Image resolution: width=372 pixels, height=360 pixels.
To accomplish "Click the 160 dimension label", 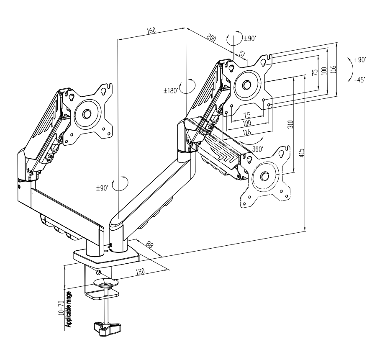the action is [x=151, y=31].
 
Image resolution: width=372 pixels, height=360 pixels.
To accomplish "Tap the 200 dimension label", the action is [x=211, y=38].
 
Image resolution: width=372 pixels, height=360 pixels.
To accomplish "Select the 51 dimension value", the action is [x=242, y=54].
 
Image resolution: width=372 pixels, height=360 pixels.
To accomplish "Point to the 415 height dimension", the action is [x=301, y=153].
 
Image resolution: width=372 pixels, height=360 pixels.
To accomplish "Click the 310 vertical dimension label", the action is [x=291, y=124].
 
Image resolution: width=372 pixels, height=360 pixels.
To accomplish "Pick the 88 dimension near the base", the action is [x=149, y=244].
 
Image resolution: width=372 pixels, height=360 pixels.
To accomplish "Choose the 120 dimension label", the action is [x=140, y=271].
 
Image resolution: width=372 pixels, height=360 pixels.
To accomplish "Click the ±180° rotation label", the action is [x=171, y=91].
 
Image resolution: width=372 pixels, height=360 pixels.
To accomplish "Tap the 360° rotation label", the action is [x=258, y=149].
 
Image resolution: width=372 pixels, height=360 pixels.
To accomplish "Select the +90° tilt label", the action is [x=360, y=60].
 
